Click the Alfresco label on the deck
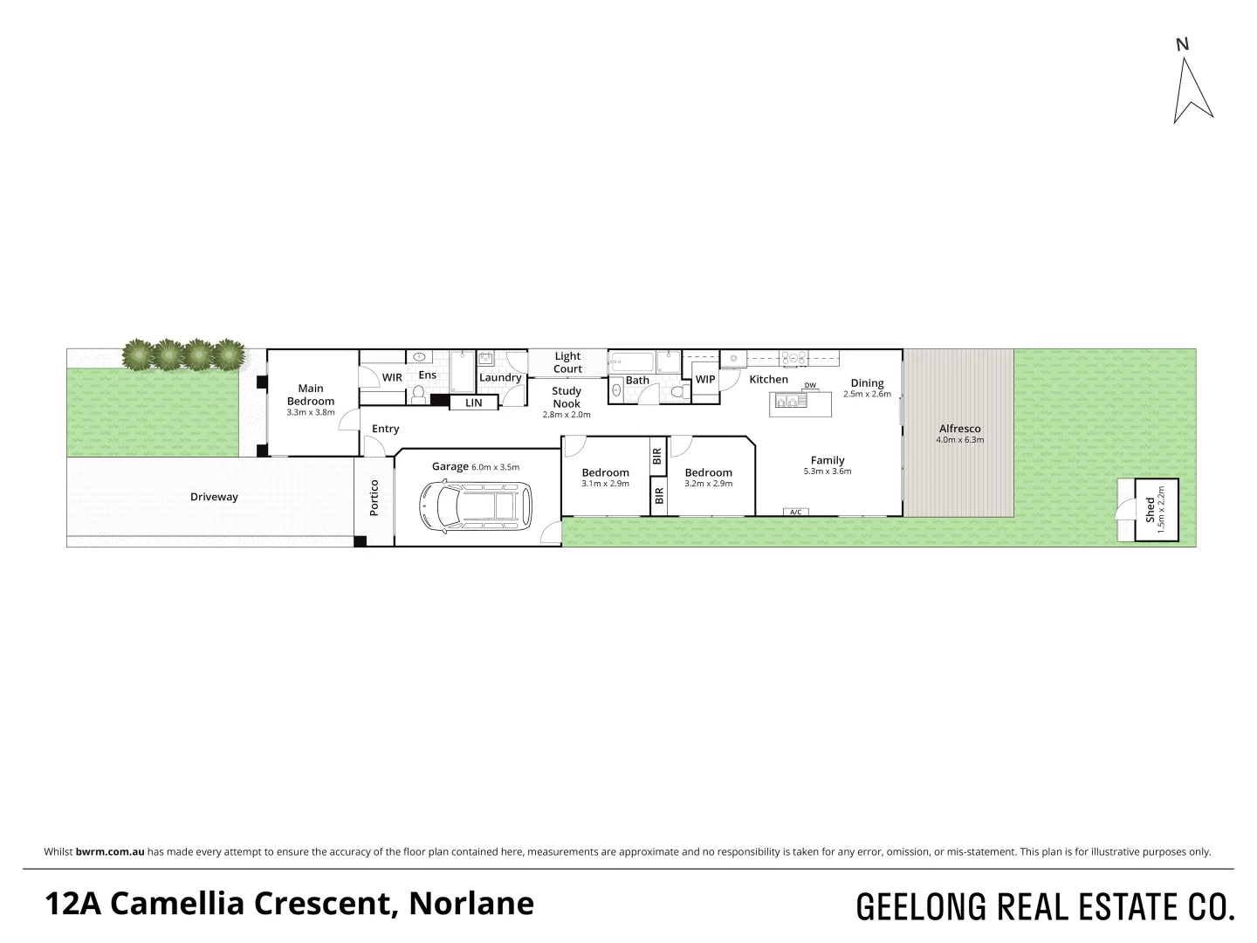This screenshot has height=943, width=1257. pos(959,428)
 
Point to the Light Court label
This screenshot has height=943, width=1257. pos(567,362)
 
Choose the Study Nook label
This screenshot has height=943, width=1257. pos(567,397)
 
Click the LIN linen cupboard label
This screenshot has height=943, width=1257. pos(473,403)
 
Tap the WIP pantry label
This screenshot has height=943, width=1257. pos(705,380)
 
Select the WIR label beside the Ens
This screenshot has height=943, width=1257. pos(393,377)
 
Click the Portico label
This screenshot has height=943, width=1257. pos(374,497)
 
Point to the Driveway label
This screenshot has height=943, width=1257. pos(214,497)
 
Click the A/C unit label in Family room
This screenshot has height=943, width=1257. pos(795,512)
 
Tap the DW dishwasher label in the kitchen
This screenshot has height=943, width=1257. pos(810,386)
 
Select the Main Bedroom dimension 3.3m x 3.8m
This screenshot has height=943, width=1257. pos(311,412)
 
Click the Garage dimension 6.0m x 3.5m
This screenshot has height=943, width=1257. pos(495,467)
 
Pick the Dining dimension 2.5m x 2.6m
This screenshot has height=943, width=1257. pos(867,394)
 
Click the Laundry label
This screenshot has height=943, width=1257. pos(500,377)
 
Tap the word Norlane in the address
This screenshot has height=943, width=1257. pos(471,904)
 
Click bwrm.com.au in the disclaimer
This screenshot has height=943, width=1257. pos(110,851)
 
